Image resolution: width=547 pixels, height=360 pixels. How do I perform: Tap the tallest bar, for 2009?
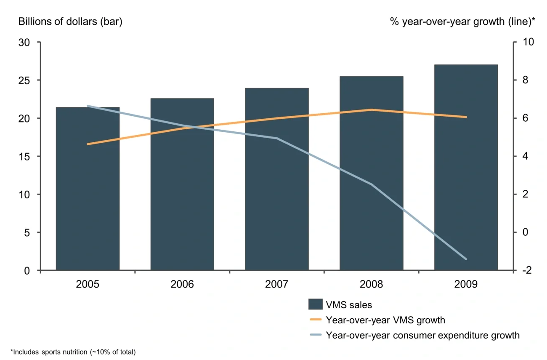pos(466,168)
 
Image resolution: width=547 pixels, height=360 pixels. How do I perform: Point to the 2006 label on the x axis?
pos(182,284)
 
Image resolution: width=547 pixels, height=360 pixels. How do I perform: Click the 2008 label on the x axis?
pos(372,284)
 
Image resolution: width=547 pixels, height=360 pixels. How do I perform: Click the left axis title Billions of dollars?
pos(70,22)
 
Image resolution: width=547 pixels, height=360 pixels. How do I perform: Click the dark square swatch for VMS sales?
pos(316,304)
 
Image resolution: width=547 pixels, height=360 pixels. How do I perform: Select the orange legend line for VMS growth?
pos(316,320)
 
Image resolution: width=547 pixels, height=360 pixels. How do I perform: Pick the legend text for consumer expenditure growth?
pos(423,335)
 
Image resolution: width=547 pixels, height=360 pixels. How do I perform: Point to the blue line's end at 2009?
pos(466,259)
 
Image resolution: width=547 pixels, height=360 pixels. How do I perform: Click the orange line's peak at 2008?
pos(372,110)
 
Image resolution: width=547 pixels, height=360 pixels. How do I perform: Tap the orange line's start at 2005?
pos(88,144)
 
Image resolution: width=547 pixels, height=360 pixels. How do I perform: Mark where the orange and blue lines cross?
pos(190,127)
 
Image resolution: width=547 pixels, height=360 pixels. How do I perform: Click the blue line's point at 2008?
pos(372,184)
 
